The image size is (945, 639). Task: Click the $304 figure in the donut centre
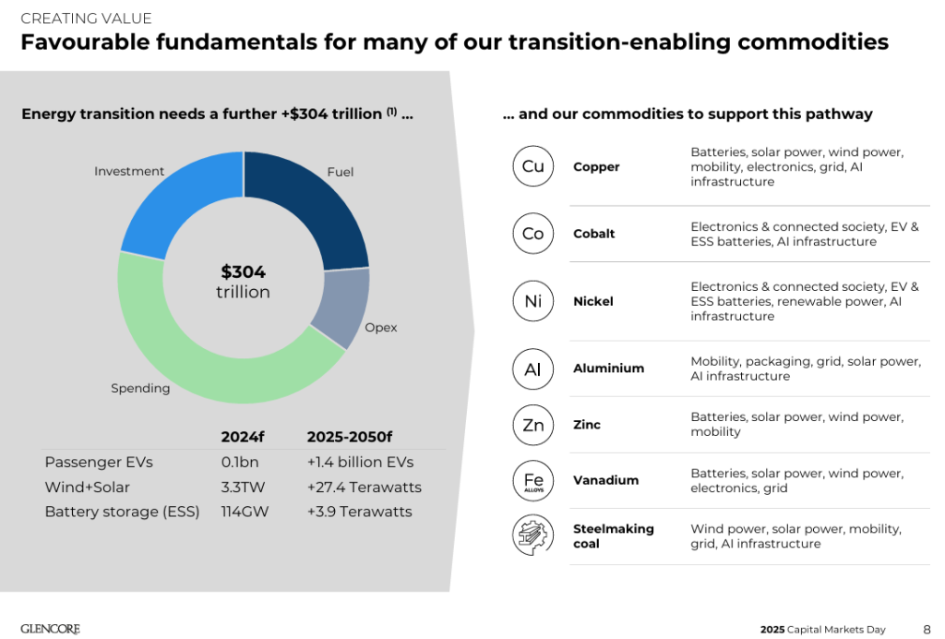coord(243,272)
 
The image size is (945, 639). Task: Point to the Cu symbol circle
coord(532,166)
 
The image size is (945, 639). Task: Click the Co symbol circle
coord(532,234)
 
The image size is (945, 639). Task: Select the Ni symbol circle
coord(532,301)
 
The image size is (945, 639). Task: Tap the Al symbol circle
coord(532,368)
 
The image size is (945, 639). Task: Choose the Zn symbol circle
coord(532,425)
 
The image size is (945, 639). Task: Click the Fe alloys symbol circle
coord(532,481)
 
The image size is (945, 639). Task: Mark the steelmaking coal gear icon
coord(532,537)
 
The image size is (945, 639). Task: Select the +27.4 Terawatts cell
coord(364,487)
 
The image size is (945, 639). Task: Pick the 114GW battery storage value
coord(245,512)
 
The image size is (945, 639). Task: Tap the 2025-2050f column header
coord(349,436)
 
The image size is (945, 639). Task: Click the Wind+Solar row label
coord(87,487)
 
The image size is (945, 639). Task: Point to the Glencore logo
coord(50,629)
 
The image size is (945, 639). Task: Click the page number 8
coord(926,629)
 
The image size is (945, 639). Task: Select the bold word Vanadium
coord(605,480)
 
